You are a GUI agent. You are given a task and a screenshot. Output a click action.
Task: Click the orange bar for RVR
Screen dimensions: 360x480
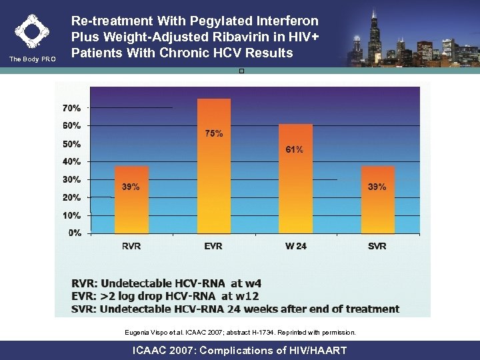pos(131,200)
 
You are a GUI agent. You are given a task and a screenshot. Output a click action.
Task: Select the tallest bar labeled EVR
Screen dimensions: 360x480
pos(213,167)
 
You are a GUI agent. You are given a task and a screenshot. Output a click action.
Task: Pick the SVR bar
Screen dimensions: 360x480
pos(377,200)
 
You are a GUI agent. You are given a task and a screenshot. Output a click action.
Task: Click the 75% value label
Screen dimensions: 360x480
pos(214,133)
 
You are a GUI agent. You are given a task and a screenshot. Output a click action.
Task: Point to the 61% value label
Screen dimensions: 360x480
pos(294,149)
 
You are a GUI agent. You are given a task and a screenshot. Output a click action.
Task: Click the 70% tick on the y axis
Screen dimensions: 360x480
pos(72,107)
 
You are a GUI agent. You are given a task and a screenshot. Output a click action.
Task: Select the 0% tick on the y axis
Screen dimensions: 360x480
pos(75,233)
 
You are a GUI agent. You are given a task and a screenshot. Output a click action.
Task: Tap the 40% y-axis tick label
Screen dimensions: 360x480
pos(72,161)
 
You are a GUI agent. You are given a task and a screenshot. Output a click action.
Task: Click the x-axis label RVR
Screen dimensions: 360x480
pos(131,246)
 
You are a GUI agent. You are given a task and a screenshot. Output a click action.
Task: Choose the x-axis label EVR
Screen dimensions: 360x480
pos(213,246)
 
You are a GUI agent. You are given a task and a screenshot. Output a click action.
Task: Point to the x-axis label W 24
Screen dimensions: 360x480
pos(295,246)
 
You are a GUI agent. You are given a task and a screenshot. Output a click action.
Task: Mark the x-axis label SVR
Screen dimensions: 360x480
pos(377,246)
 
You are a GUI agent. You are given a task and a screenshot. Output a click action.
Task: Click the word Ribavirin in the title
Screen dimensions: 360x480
pos(211,37)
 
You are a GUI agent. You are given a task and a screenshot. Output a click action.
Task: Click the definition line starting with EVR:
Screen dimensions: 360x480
pos(175,296)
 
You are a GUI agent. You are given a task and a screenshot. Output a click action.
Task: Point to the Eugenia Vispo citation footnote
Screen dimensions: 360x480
pos(240,332)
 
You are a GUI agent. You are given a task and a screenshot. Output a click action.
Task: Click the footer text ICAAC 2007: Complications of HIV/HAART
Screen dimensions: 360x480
pos(240,350)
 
